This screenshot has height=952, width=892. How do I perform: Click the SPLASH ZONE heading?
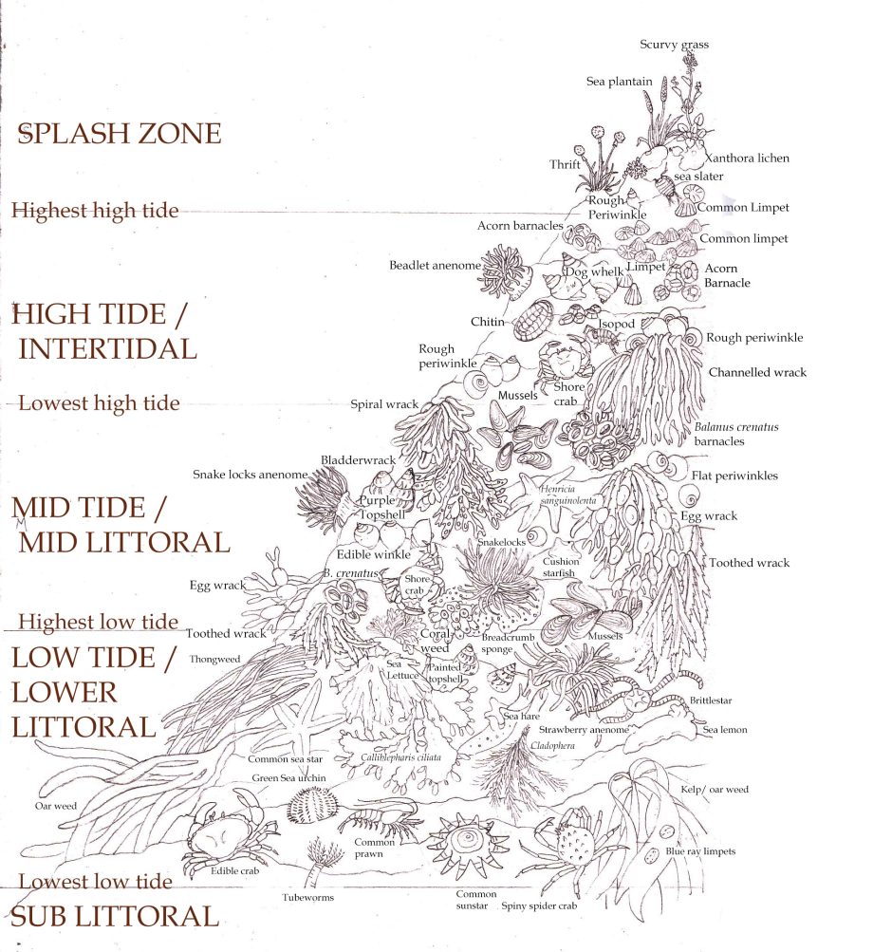pyautogui.click(x=120, y=134)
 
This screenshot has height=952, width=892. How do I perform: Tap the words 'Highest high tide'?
pyautogui.click(x=94, y=210)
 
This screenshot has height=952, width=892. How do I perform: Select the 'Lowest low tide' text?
pyautogui.click(x=95, y=882)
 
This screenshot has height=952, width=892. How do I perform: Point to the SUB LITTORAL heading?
pyautogui.click(x=114, y=916)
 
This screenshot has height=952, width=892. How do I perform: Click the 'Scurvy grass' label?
pyautogui.click(x=674, y=45)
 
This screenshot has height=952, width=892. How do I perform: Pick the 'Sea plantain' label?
pyautogui.click(x=619, y=82)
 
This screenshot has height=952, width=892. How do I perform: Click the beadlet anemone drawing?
pyautogui.click(x=503, y=271)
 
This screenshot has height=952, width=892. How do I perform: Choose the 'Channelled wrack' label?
pyautogui.click(x=757, y=373)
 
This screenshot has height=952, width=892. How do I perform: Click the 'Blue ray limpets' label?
pyautogui.click(x=699, y=851)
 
